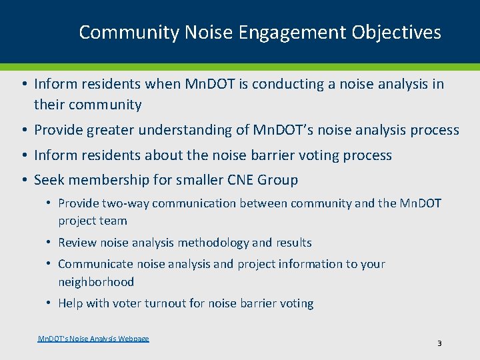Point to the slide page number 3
coord(439,343)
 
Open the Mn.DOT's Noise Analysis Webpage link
coord(93,339)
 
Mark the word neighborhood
coord(96,282)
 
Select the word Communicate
coord(93,264)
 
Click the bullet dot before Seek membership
coord(23,180)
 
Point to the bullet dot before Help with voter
coord(51,303)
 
